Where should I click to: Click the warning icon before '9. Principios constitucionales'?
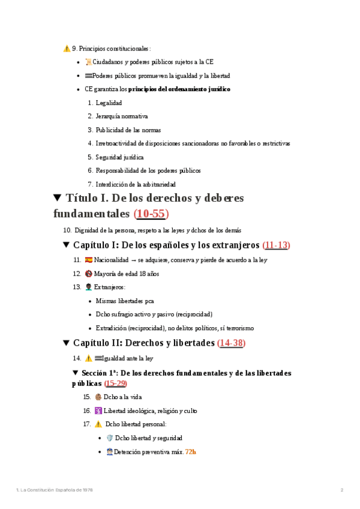click(x=66, y=48)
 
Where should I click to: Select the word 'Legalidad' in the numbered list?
click(x=109, y=103)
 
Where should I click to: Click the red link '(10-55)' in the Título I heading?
click(x=151, y=214)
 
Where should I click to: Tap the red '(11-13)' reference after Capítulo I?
click(x=277, y=245)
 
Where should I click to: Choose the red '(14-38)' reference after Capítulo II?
click(x=232, y=343)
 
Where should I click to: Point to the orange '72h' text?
click(x=191, y=451)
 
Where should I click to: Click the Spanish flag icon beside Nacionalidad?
click(x=89, y=260)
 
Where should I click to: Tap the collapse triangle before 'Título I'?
click(x=58, y=198)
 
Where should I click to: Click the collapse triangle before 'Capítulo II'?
click(x=67, y=343)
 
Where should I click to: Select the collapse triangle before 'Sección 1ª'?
click(x=76, y=373)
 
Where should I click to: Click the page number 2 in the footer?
click(x=341, y=490)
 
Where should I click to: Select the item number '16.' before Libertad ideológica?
click(x=87, y=411)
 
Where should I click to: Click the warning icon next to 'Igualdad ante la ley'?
click(x=88, y=358)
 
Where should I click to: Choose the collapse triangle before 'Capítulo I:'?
click(x=67, y=245)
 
